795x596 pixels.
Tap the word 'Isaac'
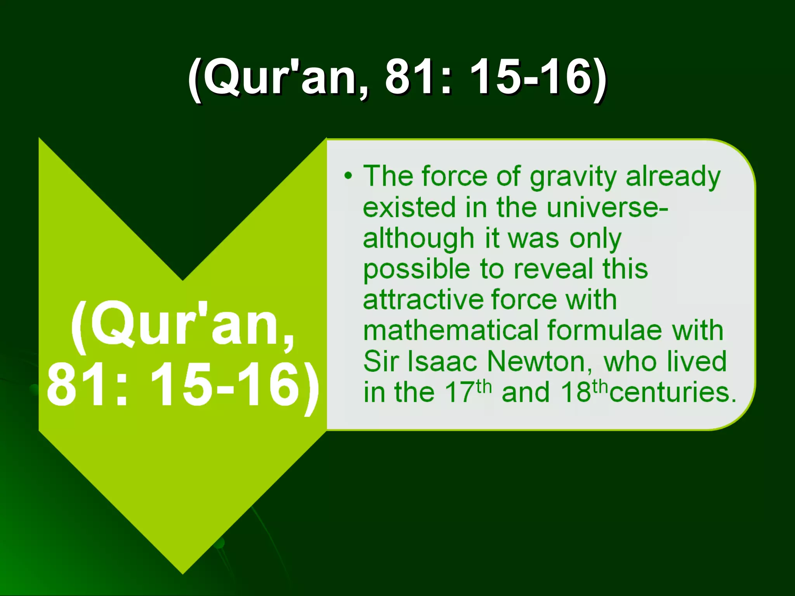pyautogui.click(x=443, y=362)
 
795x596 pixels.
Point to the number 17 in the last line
pyautogui.click(x=460, y=393)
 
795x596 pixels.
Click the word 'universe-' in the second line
pyautogui.click(x=607, y=208)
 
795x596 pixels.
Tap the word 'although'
pyautogui.click(x=418, y=239)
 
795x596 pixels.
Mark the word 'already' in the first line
pyautogui.click(x=673, y=177)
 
